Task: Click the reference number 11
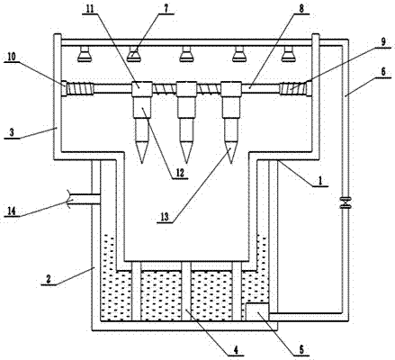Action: pyautogui.click(x=90, y=9)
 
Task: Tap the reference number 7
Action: pyautogui.click(x=166, y=9)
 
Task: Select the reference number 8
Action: pyautogui.click(x=301, y=9)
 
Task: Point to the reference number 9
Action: pyautogui.click(x=383, y=41)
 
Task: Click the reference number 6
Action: pyautogui.click(x=383, y=72)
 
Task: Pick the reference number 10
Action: pyautogui.click(x=12, y=57)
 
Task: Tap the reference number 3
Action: pyautogui.click(x=12, y=132)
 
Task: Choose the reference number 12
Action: pyautogui.click(x=180, y=173)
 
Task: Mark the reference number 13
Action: pyautogui.click(x=165, y=217)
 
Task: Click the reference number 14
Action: pyautogui.click(x=12, y=211)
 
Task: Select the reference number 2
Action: pyautogui.click(x=49, y=280)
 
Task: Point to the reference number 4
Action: pyautogui.click(x=236, y=350)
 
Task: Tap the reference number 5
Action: pyautogui.click(x=301, y=349)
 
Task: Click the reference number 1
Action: pyautogui.click(x=320, y=181)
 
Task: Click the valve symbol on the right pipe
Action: pyautogui.click(x=346, y=202)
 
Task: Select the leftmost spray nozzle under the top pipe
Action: pyautogui.click(x=84, y=54)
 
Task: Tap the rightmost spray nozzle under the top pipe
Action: pyautogui.click(x=288, y=54)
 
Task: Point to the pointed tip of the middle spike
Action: pyautogui.click(x=186, y=163)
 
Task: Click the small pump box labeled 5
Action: pyautogui.click(x=257, y=312)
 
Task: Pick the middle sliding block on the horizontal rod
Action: pyautogui.click(x=186, y=89)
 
